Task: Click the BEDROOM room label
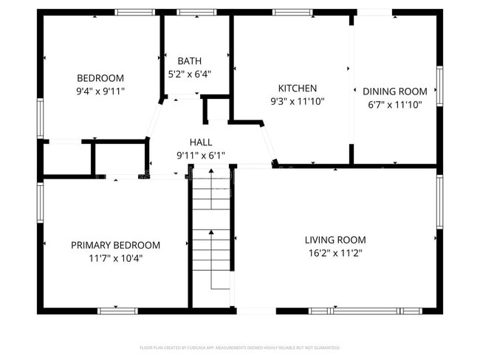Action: click(x=100, y=78)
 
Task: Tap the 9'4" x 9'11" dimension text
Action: click(x=100, y=91)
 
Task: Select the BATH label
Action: click(x=189, y=60)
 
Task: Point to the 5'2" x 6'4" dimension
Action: click(x=189, y=74)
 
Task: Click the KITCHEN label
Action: click(x=297, y=88)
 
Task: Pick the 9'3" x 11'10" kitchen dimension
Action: click(x=297, y=101)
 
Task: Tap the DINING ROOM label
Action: click(x=394, y=91)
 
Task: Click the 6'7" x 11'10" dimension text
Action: click(x=394, y=105)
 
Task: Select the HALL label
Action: click(x=200, y=142)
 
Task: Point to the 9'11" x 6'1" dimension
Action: click(x=200, y=156)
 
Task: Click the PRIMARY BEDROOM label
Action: click(x=115, y=245)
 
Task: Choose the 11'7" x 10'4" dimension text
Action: click(x=115, y=258)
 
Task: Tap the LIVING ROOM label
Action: click(x=335, y=240)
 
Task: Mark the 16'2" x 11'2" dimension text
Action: click(x=335, y=253)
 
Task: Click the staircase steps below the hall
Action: click(x=212, y=236)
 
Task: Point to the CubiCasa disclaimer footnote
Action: click(x=240, y=347)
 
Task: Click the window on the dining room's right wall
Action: click(x=439, y=89)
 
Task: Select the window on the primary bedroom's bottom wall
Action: click(x=118, y=311)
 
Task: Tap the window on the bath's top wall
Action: click(x=192, y=13)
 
